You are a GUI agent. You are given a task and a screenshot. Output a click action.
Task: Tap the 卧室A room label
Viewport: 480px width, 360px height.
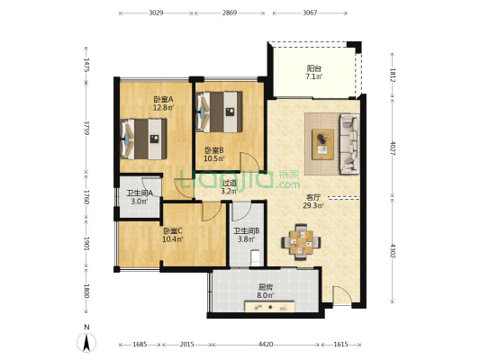pyautogui.click(x=164, y=99)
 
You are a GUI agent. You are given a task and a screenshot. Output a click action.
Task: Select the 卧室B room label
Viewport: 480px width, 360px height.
pyautogui.click(x=214, y=150)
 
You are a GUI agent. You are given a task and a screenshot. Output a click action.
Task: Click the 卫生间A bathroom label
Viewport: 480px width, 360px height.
pyautogui.click(x=140, y=193)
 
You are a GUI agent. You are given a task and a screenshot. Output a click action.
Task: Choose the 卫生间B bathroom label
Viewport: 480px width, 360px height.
pyautogui.click(x=247, y=231)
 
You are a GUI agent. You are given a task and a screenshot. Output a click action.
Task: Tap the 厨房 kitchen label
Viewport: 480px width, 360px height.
pyautogui.click(x=266, y=287)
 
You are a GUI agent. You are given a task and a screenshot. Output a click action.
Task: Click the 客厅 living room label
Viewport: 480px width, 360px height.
pyautogui.click(x=313, y=198)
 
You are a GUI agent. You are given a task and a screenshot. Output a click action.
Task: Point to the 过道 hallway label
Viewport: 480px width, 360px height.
pyautogui.click(x=230, y=184)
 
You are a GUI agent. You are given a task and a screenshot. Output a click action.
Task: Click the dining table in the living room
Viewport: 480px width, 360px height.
pyautogui.click(x=301, y=242)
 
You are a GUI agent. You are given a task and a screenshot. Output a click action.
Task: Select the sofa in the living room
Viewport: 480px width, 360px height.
pyautogui.click(x=349, y=144)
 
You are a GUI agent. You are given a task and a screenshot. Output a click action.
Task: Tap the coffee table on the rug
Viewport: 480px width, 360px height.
pyautogui.click(x=322, y=144)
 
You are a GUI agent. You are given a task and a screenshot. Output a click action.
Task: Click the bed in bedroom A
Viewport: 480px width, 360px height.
pyautogui.click(x=144, y=139)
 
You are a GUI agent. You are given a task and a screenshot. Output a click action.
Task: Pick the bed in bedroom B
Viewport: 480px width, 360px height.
pyautogui.click(x=220, y=112)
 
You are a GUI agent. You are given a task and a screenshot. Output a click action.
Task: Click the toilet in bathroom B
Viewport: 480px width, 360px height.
pyautogui.click(x=255, y=258)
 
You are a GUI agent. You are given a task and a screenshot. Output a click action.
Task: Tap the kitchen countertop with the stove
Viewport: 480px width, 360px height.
pyautogui.click(x=269, y=307)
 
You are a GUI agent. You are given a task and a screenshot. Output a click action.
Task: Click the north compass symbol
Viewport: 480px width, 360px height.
pyautogui.click(x=86, y=342)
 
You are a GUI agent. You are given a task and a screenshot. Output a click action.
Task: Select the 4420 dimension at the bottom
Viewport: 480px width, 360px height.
pyautogui.click(x=266, y=345)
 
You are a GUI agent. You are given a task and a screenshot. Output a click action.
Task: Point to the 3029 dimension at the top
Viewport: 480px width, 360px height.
pyautogui.click(x=156, y=13)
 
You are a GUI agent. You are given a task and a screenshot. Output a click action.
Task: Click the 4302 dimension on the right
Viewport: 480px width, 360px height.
pyautogui.click(x=393, y=250)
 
